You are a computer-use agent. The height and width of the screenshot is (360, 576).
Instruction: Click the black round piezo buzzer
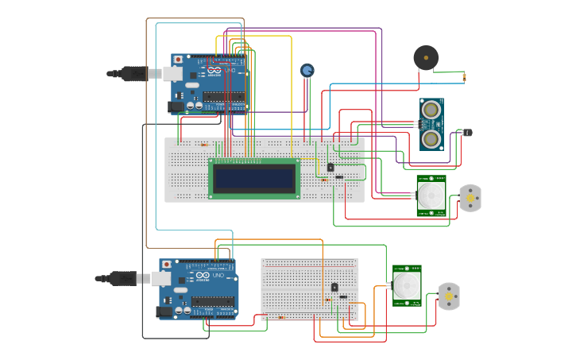(x=426, y=58)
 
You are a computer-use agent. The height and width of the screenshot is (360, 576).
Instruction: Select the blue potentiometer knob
(x=307, y=71)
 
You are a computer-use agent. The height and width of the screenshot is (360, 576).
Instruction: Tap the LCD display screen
(x=254, y=178)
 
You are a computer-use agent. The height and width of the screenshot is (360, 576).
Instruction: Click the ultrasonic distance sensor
(x=431, y=124)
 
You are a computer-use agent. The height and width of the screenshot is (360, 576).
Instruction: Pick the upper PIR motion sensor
(x=431, y=195)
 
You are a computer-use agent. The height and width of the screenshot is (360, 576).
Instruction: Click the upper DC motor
(x=470, y=198)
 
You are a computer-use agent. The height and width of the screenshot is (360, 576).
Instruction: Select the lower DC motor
(x=449, y=296)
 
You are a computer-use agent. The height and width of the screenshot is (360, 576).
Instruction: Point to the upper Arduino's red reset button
(x=178, y=60)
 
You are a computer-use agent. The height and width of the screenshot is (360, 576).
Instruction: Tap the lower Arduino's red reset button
(x=166, y=264)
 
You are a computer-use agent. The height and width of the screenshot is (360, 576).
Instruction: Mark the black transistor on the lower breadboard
(x=334, y=287)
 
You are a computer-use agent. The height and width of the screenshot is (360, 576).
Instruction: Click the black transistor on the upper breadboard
(x=331, y=167)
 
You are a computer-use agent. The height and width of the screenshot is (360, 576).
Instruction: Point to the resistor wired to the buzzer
(x=465, y=77)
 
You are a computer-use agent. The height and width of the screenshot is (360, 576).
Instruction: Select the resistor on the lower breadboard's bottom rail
(x=280, y=318)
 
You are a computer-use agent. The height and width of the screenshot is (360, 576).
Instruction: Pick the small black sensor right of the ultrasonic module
(x=467, y=132)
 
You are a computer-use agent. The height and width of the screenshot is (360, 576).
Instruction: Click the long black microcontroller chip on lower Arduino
(x=212, y=302)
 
